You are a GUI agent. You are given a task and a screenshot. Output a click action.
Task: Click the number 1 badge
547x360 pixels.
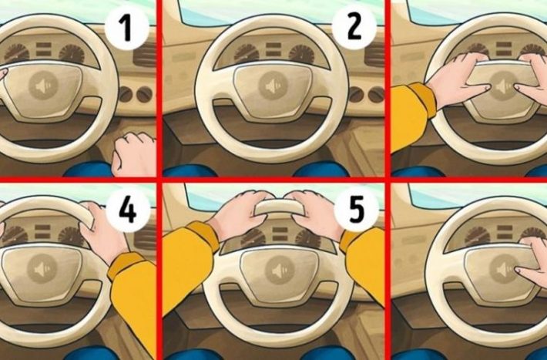126,29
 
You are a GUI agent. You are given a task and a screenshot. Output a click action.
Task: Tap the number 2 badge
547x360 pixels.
354,28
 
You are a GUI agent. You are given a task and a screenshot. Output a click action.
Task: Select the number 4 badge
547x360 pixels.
128,211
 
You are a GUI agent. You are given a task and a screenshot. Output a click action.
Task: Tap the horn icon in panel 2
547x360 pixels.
273,86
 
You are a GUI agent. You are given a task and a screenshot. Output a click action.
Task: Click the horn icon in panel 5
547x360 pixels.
279,270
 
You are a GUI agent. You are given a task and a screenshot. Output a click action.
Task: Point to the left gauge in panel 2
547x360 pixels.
247,53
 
